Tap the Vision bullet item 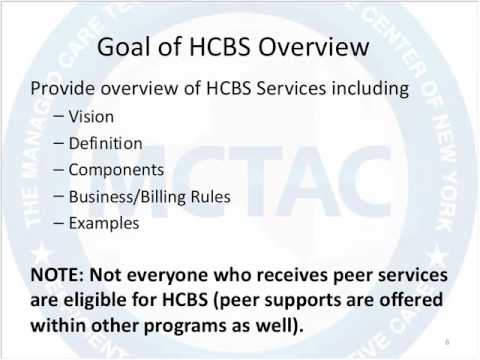91,116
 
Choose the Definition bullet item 105,143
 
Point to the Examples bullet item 104,223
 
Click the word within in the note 57,325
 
